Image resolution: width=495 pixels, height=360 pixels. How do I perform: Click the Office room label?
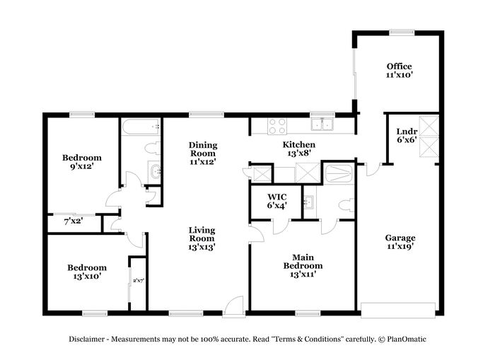pos(400,71)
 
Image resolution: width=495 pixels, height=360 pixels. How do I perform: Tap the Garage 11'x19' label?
pos(400,242)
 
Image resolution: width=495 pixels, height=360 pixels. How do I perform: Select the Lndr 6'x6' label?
pos(407,135)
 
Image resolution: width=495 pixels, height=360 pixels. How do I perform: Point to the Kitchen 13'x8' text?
pos(298,149)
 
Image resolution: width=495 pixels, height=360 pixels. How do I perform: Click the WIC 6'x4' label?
pos(277,201)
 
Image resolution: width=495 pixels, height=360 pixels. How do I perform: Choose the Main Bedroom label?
pos(303,265)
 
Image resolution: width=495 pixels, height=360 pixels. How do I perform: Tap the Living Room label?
pos(202,238)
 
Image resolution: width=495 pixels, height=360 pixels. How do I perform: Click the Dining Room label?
pos(203,153)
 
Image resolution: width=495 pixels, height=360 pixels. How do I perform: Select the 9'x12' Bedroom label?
pos(82,162)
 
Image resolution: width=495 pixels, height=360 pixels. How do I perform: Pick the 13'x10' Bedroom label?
pos(87,272)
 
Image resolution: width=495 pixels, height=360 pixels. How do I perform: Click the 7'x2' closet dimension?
pos(74,221)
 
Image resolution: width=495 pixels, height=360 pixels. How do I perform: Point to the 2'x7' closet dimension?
pos(139,280)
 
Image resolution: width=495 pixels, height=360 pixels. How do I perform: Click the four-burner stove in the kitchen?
pos(277,126)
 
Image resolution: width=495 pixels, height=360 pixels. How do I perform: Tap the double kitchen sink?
pos(322,124)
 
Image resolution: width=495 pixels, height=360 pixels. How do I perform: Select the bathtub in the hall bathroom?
pos(141,127)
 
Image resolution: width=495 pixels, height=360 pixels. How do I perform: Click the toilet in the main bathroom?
pos(346,205)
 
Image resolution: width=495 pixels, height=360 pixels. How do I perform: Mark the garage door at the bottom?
pos(398,310)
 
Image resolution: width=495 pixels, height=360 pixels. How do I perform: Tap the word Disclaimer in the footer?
pos(86,339)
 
